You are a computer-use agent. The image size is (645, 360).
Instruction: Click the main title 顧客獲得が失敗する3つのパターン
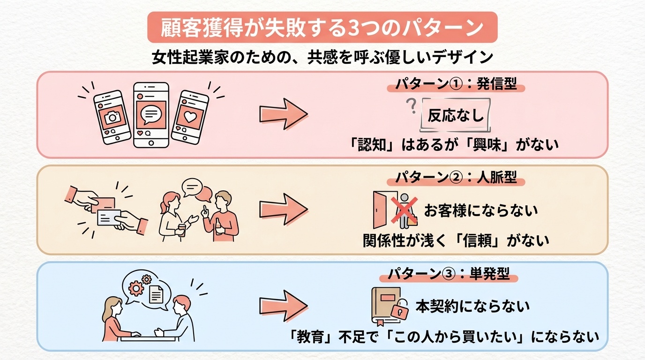coord(322,28)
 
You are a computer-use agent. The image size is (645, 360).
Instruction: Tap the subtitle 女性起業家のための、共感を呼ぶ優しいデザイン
coord(322,58)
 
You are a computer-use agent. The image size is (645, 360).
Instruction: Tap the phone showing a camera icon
coord(112,117)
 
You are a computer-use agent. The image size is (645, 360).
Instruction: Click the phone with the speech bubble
coord(151,115)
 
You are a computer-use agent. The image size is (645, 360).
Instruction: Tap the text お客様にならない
coord(481,210)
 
